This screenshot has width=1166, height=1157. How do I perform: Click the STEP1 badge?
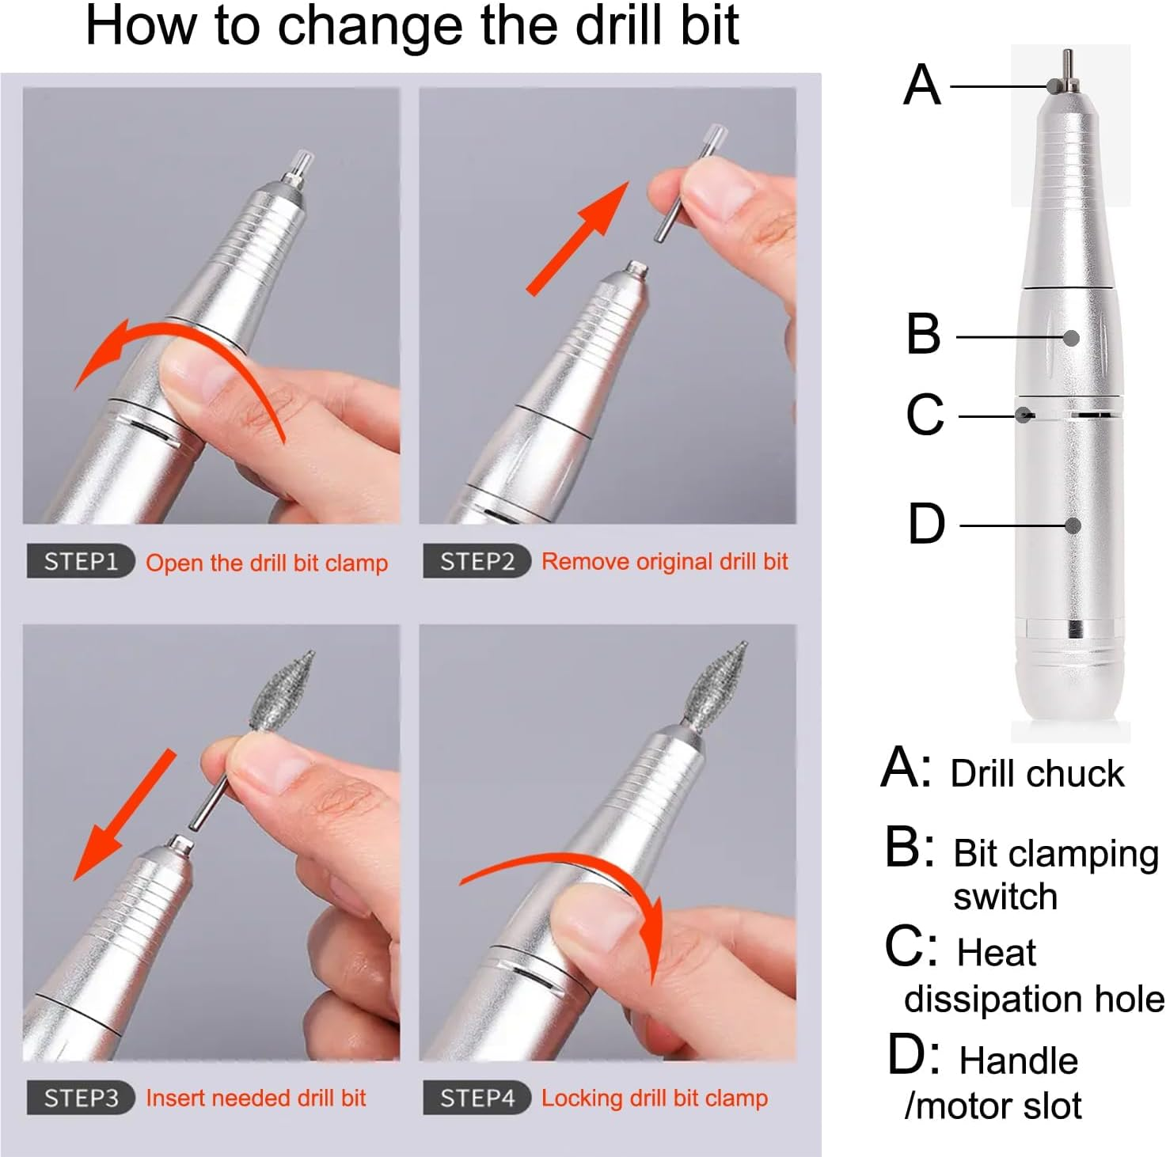coord(80,562)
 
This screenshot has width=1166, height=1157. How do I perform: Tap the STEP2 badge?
coord(476,562)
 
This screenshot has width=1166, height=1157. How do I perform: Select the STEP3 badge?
coord(80,1098)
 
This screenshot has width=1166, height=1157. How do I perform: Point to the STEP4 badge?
coord(476,1098)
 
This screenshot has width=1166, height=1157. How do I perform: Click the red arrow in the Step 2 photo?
coord(578,237)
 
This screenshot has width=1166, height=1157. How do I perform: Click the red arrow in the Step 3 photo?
coord(123,815)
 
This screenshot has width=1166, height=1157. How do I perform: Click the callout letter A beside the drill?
coord(922,85)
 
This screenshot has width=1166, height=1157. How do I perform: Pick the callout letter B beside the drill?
coord(923,334)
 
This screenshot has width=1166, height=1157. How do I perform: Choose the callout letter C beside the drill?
coord(925,415)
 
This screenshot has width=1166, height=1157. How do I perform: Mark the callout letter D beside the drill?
coord(925,524)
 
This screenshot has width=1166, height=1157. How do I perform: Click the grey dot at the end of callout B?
coord(1072,338)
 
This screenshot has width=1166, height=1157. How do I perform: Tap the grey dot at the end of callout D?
coord(1073,525)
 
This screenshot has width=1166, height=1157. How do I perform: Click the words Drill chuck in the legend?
coord(1036,774)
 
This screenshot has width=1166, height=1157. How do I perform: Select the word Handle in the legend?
coord(1018,1060)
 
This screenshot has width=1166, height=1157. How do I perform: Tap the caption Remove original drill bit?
coord(664,562)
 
